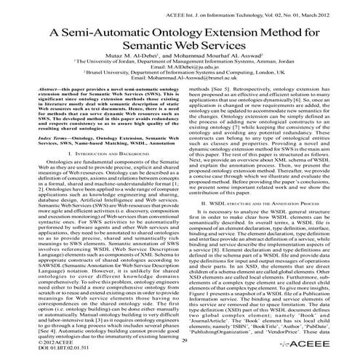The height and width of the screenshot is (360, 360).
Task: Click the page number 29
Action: pyautogui.click(x=185, y=342)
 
